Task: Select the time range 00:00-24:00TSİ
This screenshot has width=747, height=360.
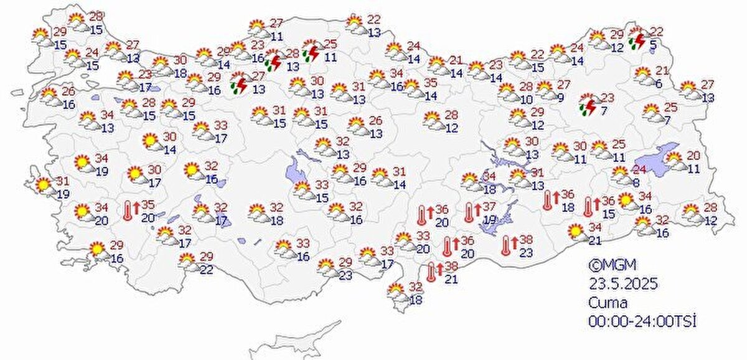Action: click(x=642, y=321)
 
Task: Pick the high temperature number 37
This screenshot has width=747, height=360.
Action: click(x=490, y=207)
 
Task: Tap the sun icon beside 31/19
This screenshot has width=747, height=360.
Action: click(x=42, y=184)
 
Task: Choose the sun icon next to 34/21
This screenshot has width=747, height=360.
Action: click(x=576, y=231)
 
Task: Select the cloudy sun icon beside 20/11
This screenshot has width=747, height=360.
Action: click(x=675, y=161)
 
